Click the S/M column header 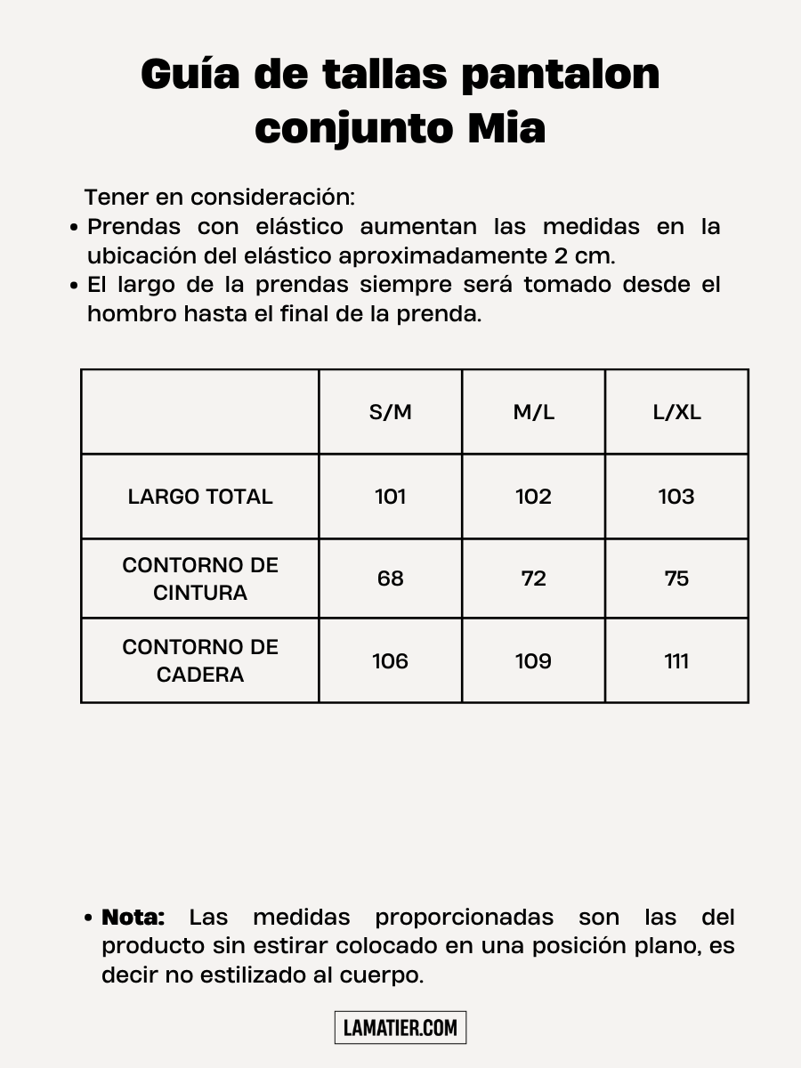pos(391,413)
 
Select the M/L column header pos(533,413)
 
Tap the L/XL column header pos(676,413)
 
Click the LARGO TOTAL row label pos(200,497)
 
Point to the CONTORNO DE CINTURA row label pos(200,578)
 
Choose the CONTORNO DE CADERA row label pos(200,660)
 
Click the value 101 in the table pos(391,497)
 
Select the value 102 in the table pos(533,497)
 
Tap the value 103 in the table pos(676,497)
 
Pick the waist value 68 pos(391,578)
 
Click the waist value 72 pos(533,578)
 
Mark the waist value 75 pos(676,578)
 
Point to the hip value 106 pos(391,661)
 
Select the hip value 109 pos(533,661)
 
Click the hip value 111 pos(676,661)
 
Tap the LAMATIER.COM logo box pos(400,1028)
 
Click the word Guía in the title pos(190,75)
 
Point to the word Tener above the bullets pos(117,197)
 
